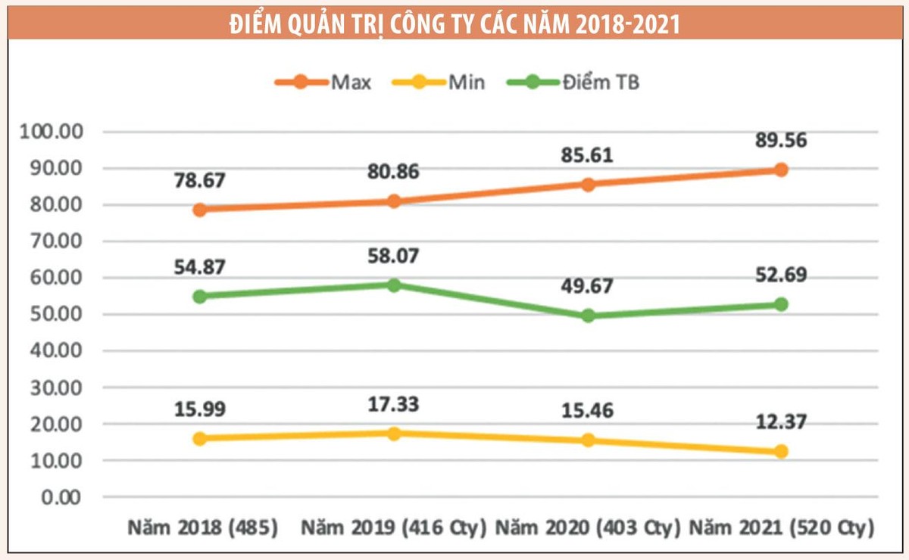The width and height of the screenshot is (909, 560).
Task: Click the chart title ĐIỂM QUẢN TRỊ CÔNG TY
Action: click(x=454, y=24)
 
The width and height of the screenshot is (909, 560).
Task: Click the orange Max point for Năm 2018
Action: click(x=200, y=210)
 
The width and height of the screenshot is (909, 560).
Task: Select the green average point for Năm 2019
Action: click(x=394, y=285)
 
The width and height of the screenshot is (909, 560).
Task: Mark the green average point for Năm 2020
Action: click(x=588, y=316)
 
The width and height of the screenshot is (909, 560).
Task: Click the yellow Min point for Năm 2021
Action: click(x=781, y=451)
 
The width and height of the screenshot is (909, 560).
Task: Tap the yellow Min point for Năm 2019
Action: click(x=394, y=434)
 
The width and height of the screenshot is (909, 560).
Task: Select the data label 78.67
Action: click(x=200, y=181)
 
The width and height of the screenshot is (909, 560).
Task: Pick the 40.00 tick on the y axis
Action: click(x=56, y=352)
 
